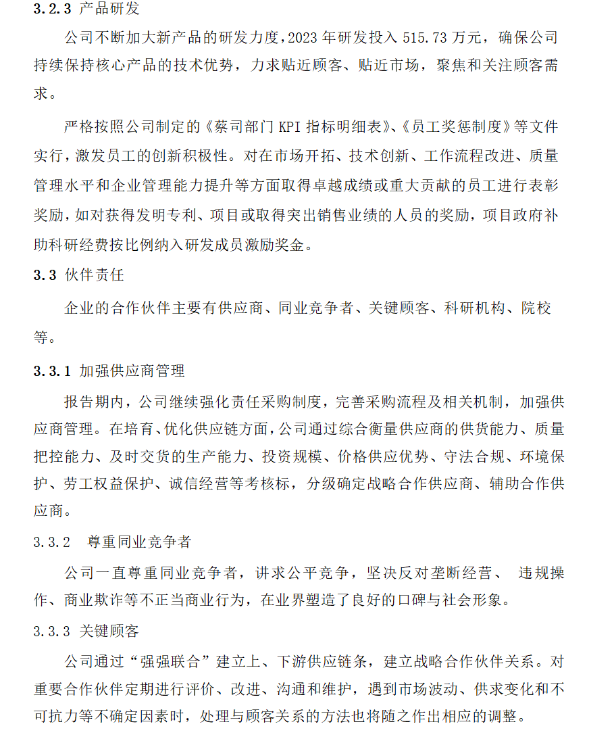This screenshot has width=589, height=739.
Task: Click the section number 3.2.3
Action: coord(52,10)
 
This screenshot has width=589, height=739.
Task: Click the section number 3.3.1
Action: coord(52,371)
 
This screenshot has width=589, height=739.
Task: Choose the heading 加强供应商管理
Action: coord(132,371)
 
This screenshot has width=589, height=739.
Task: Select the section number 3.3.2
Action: coord(52,542)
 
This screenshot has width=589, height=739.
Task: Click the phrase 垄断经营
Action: coord(464,573)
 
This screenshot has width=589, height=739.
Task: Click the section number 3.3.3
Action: coord(52,631)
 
